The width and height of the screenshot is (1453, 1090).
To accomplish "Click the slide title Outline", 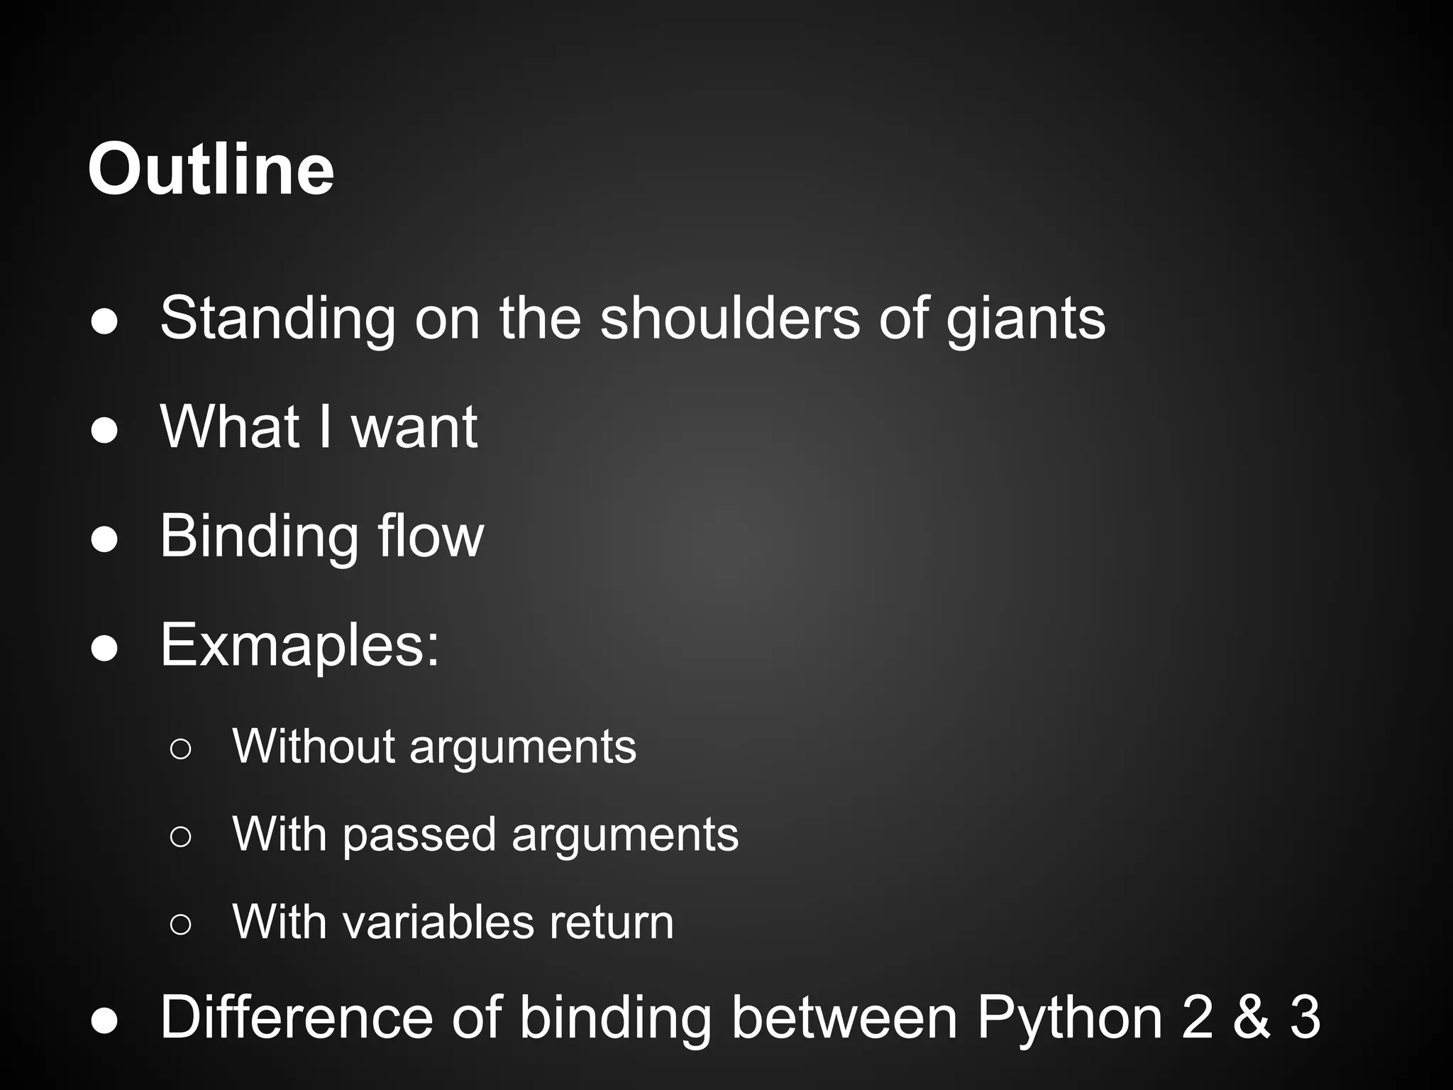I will point(211,170).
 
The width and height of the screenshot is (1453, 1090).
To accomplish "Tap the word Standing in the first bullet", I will point(277,319).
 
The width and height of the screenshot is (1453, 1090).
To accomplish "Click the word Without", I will point(313,747).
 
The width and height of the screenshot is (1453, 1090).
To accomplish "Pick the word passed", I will point(419,835).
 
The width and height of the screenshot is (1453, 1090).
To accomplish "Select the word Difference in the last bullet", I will point(296,1018).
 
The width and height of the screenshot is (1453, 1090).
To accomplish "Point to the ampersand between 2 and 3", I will point(1251,1018).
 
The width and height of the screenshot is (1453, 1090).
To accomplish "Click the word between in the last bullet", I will point(844,1018).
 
